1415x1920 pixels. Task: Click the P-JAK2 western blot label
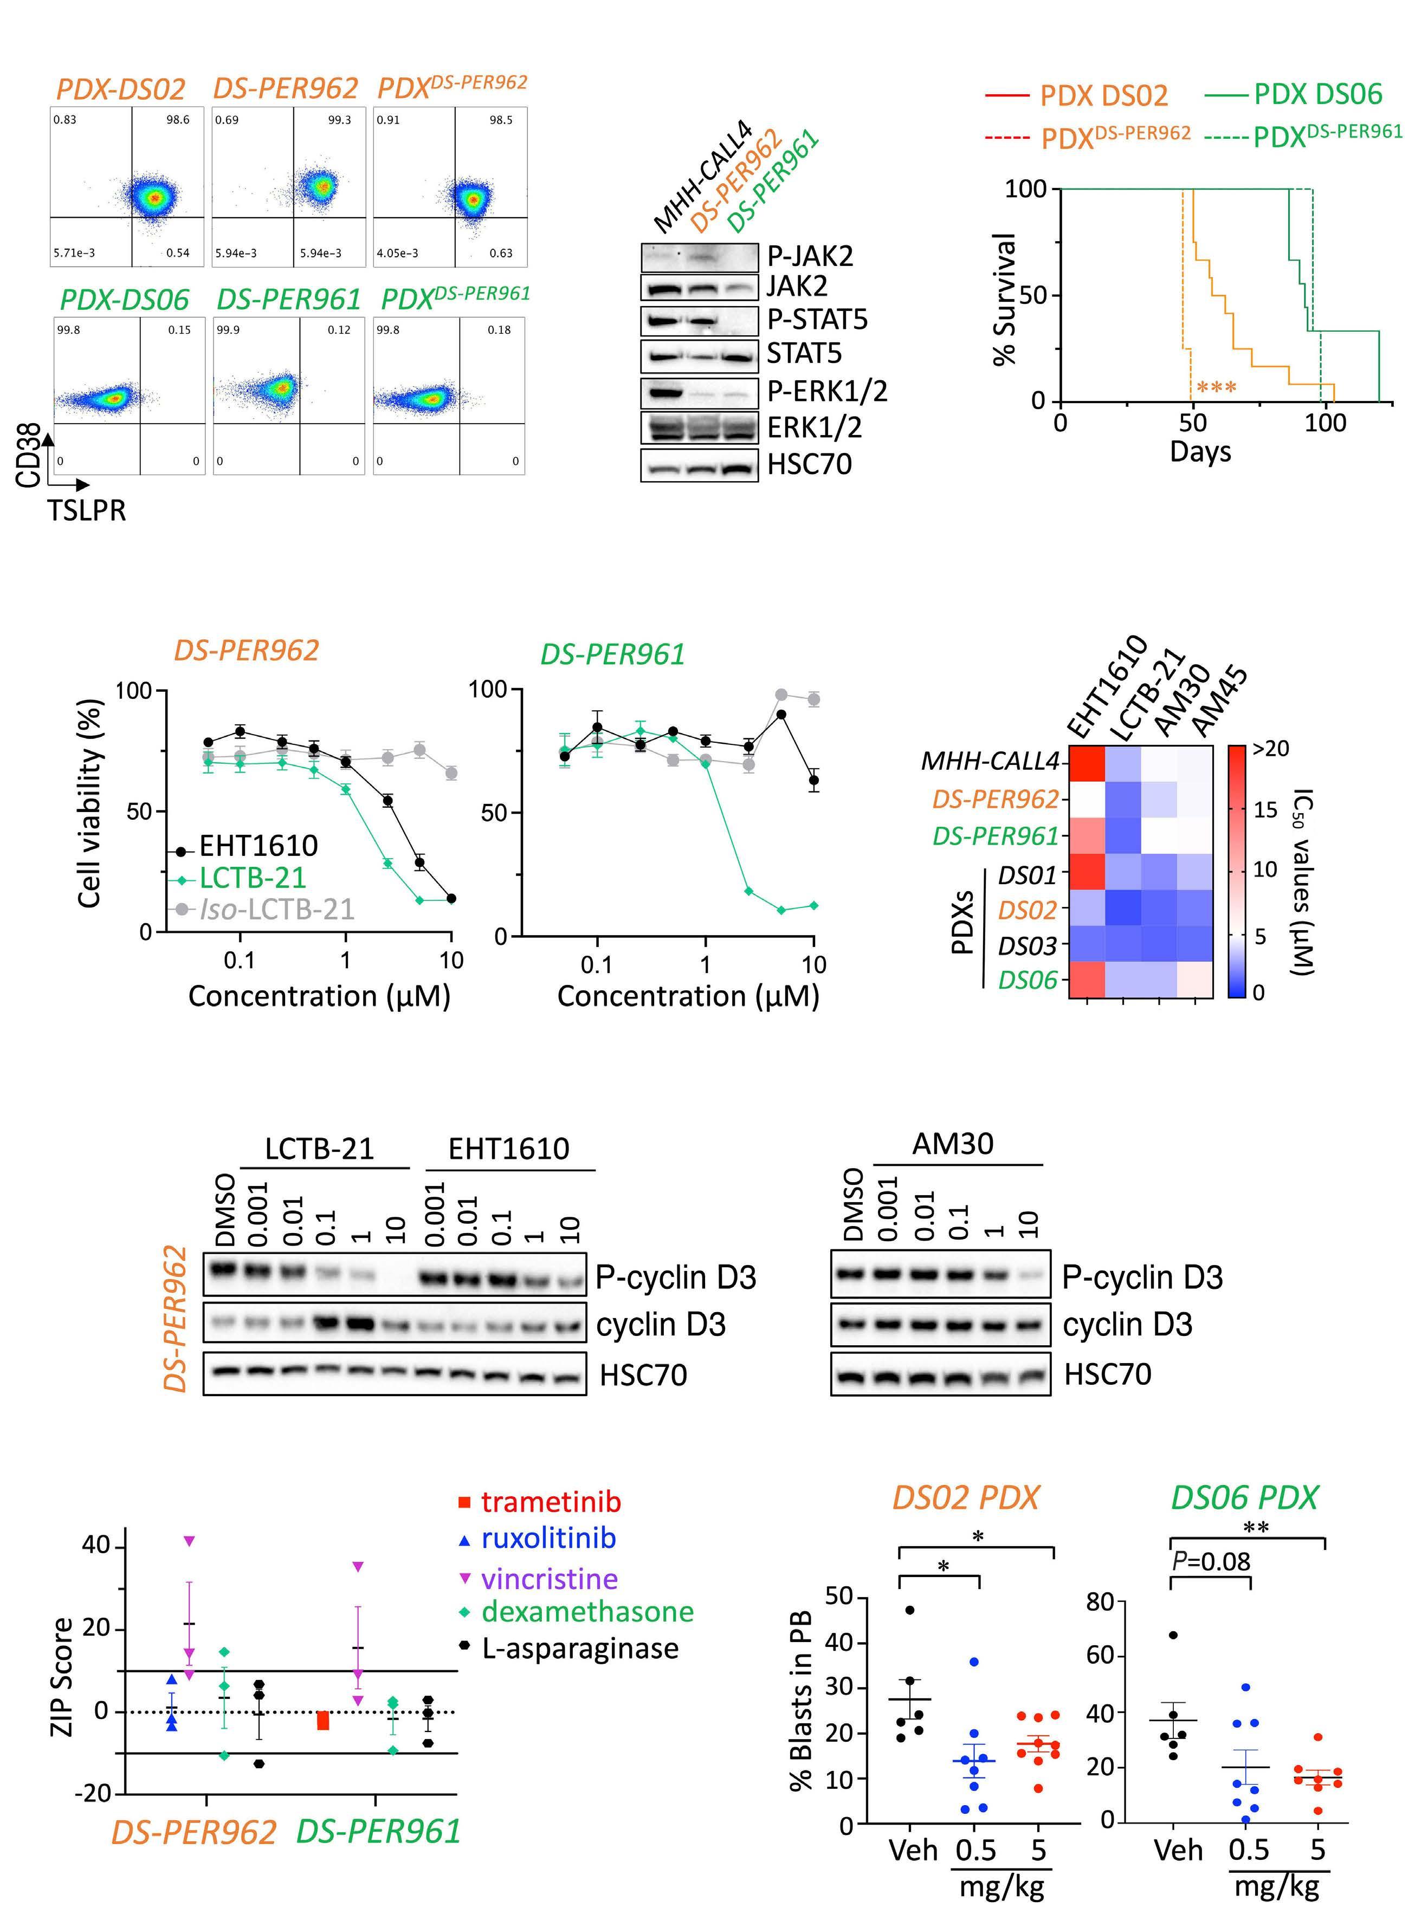pyautogui.click(x=810, y=256)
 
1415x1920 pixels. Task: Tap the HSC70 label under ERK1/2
pyautogui.click(x=810, y=464)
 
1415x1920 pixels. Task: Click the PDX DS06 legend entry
pyautogui.click(x=1317, y=93)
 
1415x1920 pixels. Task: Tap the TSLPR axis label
pyautogui.click(x=87, y=510)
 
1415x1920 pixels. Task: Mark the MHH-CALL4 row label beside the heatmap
pyautogui.click(x=989, y=761)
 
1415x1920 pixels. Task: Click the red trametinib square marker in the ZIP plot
pyautogui.click(x=323, y=1721)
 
